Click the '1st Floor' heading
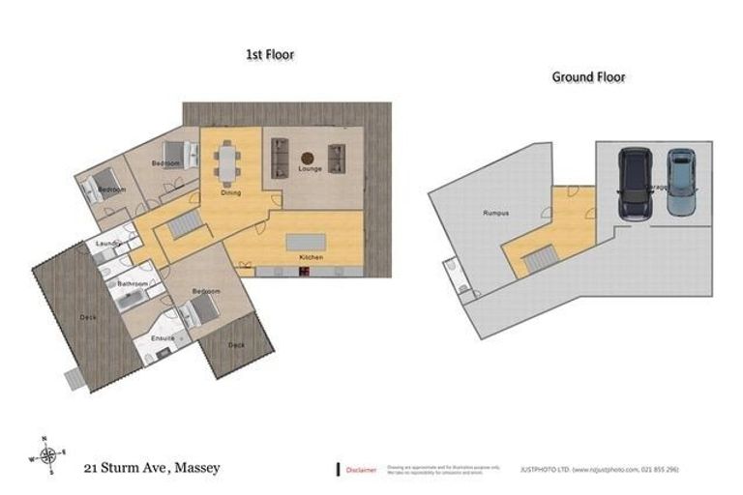tap(269, 55)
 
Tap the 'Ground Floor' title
tap(588, 76)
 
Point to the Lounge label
tap(310, 169)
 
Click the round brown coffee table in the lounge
tap(308, 157)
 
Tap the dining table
tap(228, 161)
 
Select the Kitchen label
tap(312, 257)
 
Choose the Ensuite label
tap(162, 338)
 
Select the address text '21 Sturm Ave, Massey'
tap(151, 468)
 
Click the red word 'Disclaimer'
tap(363, 469)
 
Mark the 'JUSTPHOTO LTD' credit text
tap(600, 469)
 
